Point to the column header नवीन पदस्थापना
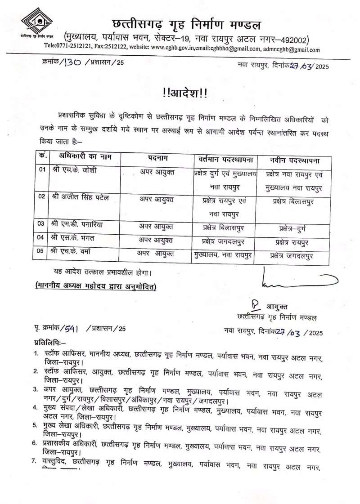295,160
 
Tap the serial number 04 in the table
41,237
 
